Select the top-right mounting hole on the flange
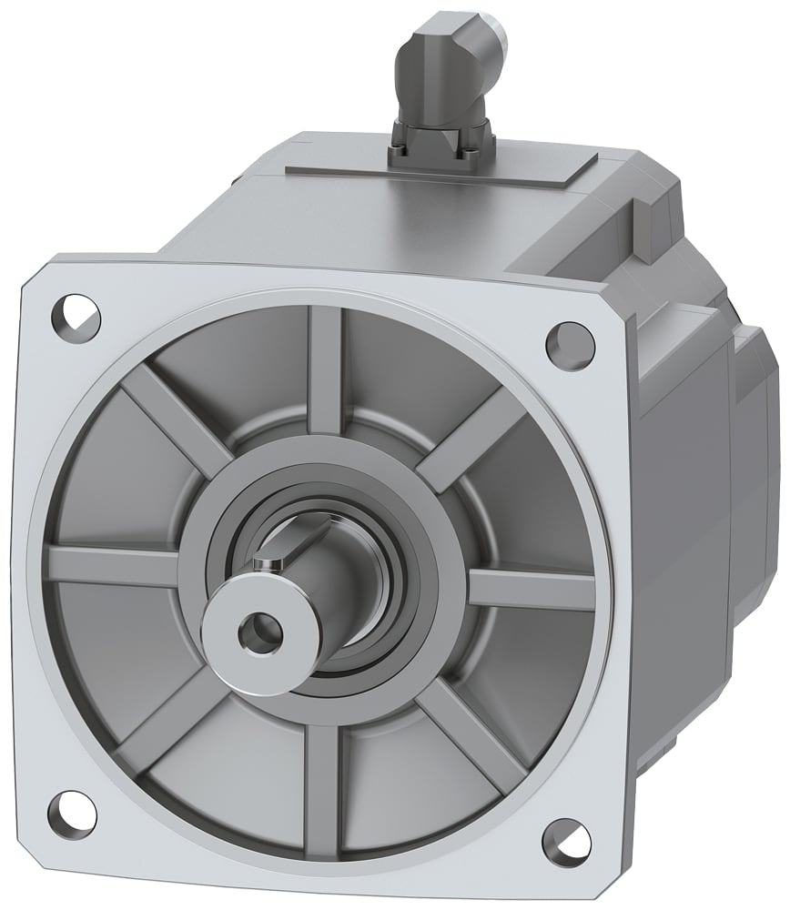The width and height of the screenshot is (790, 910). click(x=564, y=342)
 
